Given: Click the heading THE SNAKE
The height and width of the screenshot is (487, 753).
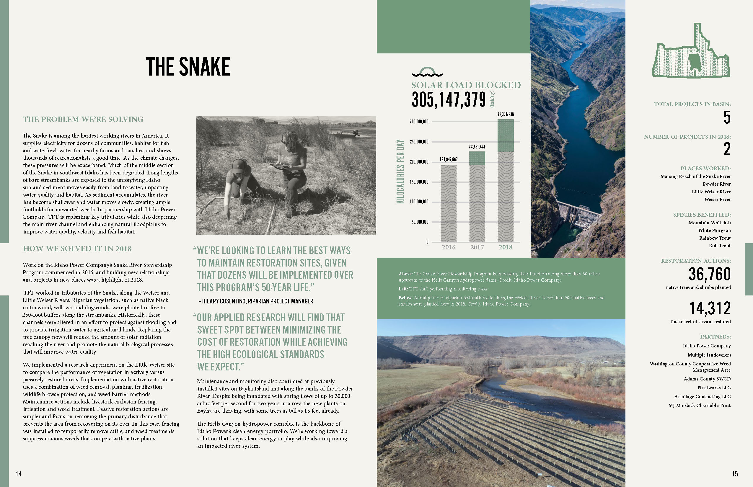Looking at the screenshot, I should click(188, 66).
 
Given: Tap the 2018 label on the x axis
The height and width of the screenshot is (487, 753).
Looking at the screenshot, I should click(505, 247).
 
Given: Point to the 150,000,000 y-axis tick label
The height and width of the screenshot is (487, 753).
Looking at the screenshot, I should click(419, 182).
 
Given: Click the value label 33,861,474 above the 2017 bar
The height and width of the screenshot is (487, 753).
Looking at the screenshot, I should click(477, 147).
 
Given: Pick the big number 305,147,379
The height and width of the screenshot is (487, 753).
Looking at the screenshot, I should click(449, 100).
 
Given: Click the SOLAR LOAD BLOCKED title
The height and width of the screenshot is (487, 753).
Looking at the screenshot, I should click(466, 85).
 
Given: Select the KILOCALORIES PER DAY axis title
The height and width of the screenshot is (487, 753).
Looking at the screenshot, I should click(400, 171).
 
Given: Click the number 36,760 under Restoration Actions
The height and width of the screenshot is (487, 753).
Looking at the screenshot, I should click(709, 274).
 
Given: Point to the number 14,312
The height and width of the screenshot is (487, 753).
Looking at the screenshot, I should click(710, 308).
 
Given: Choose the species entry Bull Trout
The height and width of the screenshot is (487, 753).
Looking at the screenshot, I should click(719, 246).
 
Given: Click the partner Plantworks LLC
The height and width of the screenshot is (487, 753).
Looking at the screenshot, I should click(714, 388).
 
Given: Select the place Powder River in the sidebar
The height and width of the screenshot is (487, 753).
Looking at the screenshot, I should click(717, 184).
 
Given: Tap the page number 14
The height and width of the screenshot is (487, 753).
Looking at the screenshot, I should click(19, 474).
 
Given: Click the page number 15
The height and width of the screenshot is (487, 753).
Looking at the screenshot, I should click(735, 474).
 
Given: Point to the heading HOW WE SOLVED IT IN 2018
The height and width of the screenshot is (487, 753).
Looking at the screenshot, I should click(77, 249).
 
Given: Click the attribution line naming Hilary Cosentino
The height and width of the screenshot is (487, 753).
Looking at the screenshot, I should click(256, 301).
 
